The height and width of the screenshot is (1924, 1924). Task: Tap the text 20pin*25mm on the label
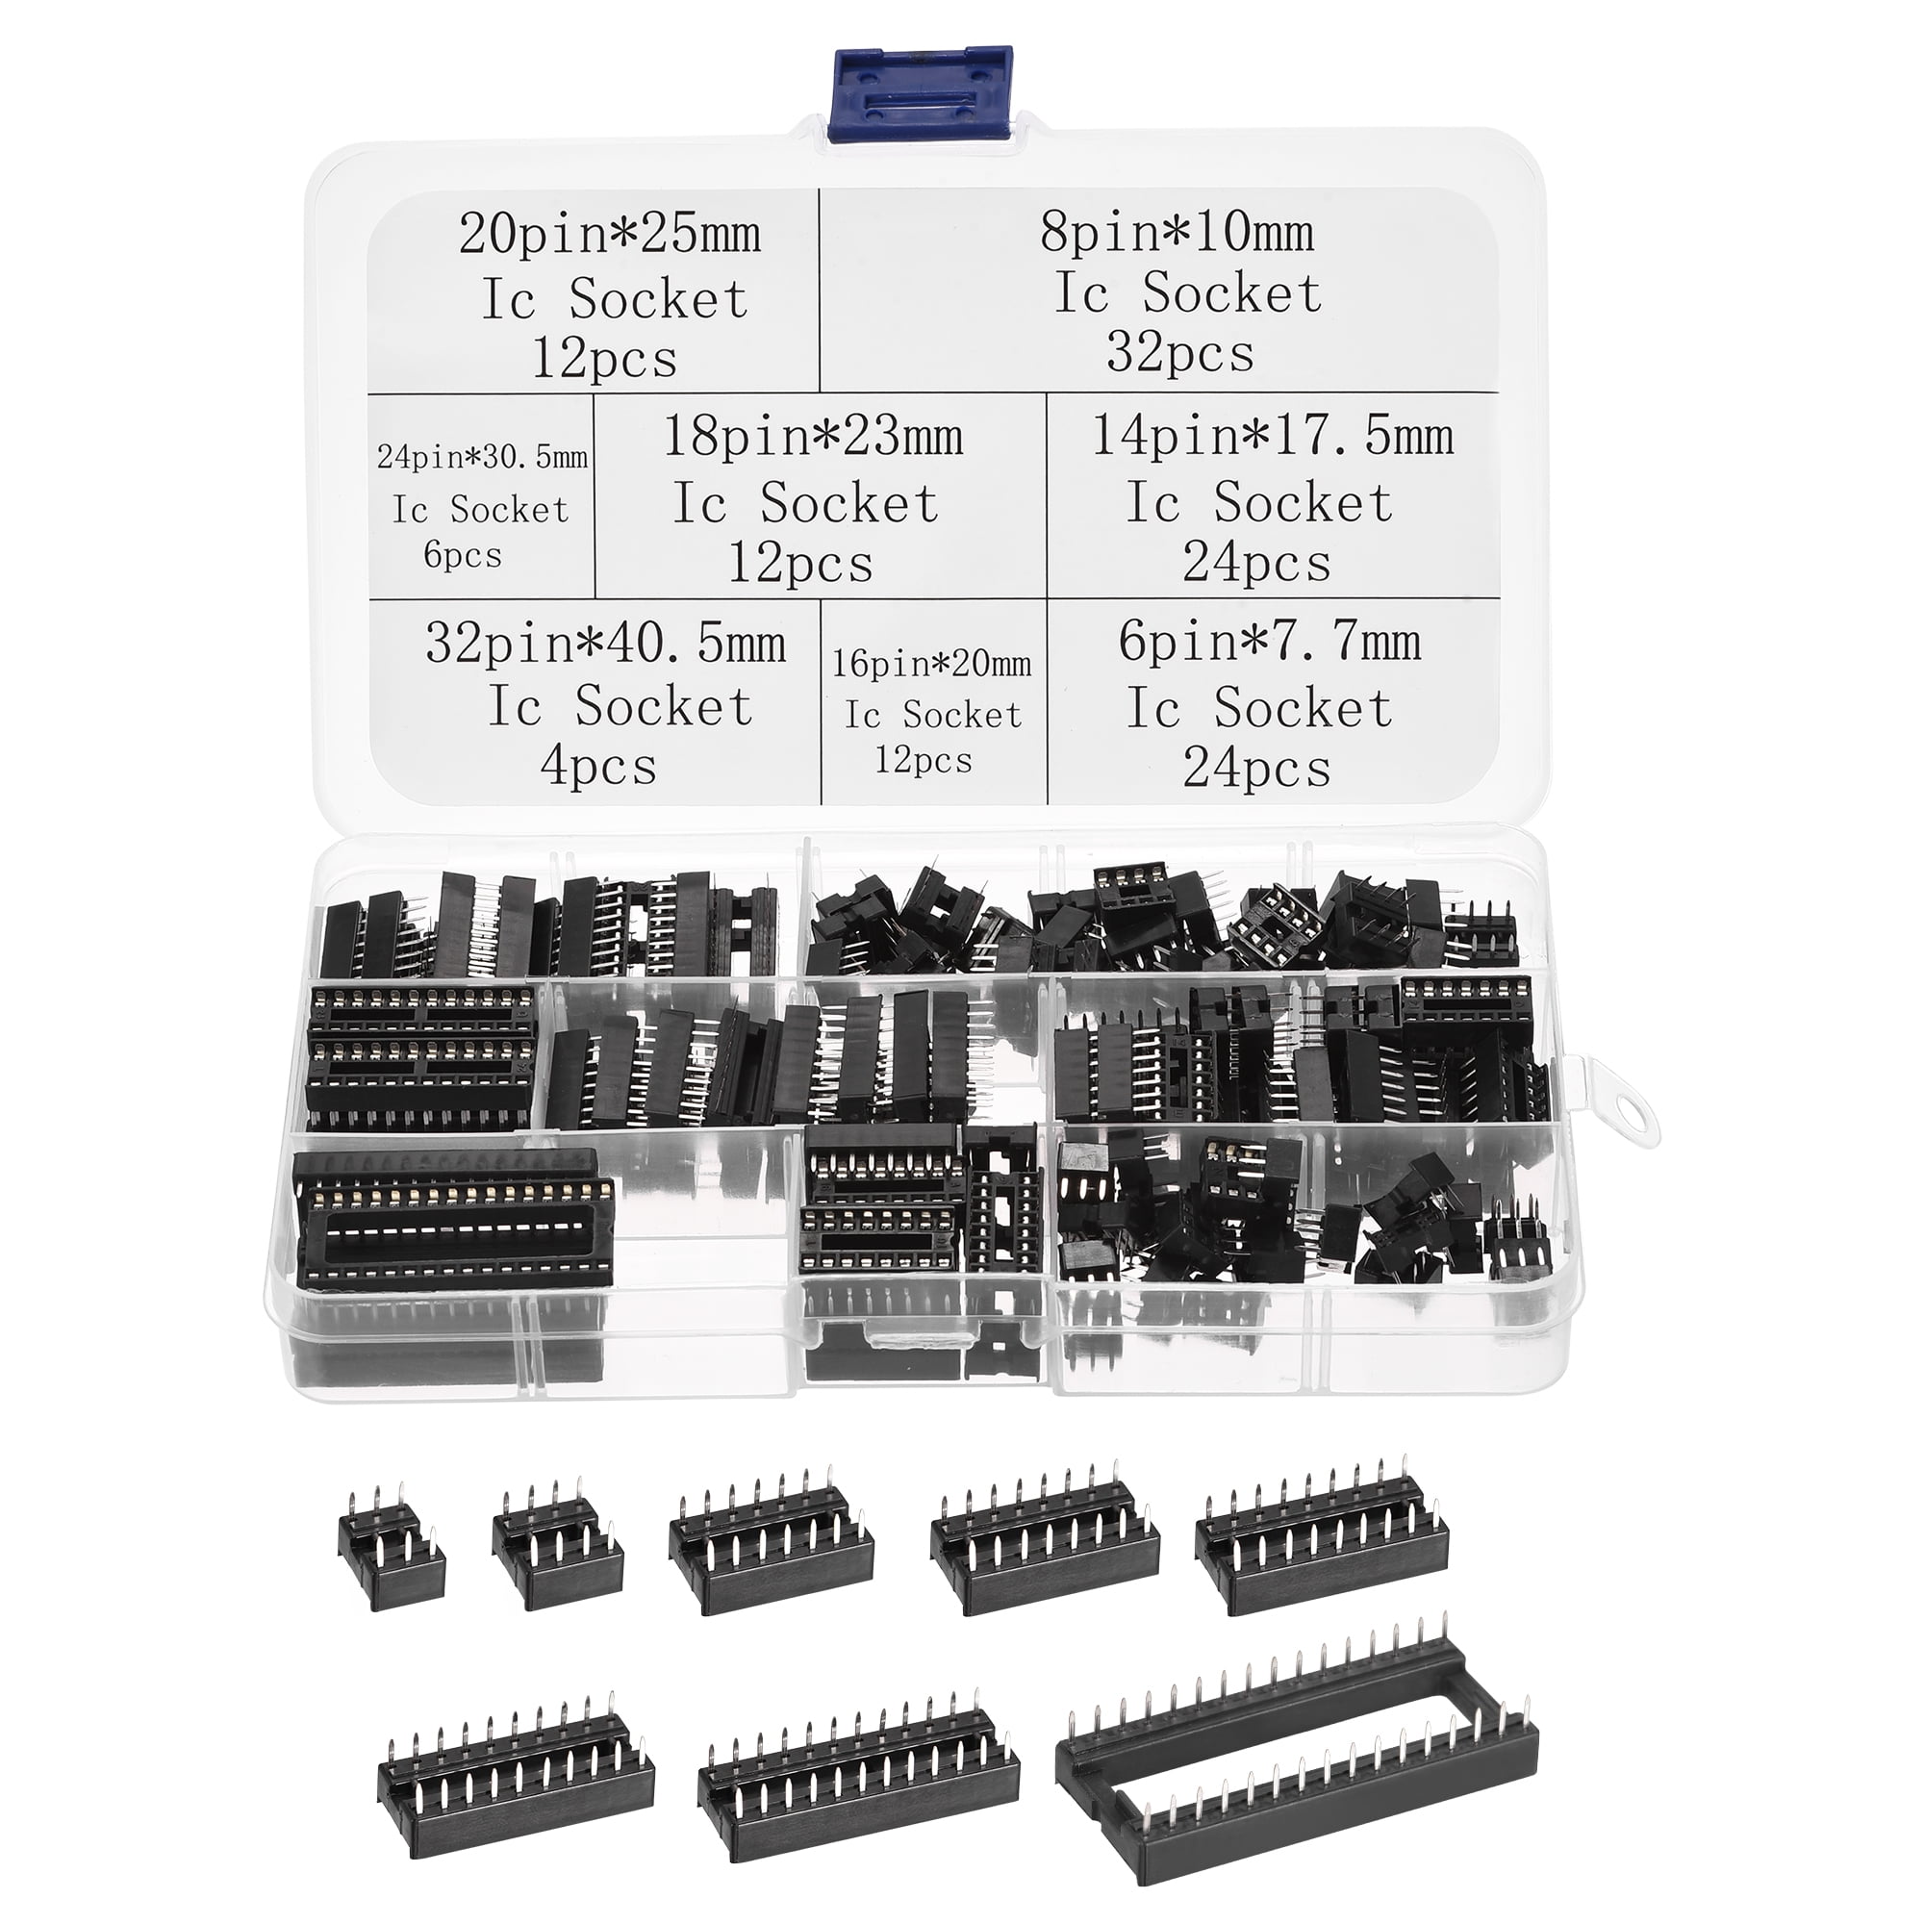pos(609,235)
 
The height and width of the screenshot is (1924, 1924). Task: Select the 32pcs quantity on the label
pos(1180,353)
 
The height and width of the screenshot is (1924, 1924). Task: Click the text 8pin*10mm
pos(1177,233)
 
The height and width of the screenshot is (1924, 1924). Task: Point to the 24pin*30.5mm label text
pos(482,457)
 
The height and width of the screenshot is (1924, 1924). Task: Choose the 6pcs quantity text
pos(462,555)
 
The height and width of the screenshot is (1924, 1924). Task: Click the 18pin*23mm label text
pos(813,437)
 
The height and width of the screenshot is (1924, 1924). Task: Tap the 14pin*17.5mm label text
pos(1272,436)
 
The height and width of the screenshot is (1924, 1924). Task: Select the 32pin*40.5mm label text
pos(604,644)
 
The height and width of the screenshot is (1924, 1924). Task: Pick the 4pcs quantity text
pos(598,767)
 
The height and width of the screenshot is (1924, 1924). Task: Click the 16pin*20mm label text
pos(932,663)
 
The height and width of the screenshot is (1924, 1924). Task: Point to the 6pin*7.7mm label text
pos(1270,643)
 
